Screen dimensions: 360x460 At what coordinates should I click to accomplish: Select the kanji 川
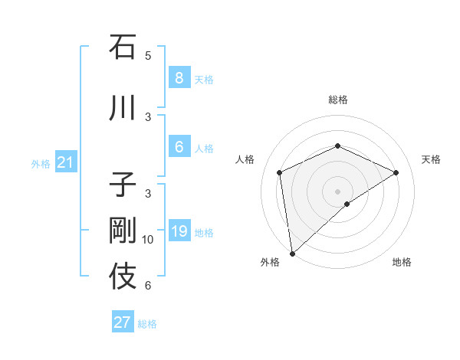[x=123, y=108]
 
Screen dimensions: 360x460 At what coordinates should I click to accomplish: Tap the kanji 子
[x=123, y=185]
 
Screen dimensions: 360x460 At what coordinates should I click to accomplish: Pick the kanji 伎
[x=123, y=277]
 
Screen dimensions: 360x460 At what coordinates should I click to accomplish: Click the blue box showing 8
[x=179, y=77]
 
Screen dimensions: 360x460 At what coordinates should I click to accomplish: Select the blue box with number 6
[x=179, y=147]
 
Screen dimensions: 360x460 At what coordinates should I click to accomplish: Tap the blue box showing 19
[x=179, y=231]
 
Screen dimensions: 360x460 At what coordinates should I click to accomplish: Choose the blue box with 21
[x=65, y=162]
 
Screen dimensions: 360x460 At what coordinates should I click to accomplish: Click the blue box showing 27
[x=123, y=322]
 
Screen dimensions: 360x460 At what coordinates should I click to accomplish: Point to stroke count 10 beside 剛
[x=148, y=240]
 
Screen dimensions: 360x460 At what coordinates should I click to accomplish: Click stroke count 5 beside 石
[x=148, y=55]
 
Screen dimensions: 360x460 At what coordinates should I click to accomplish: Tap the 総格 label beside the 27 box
[x=147, y=324]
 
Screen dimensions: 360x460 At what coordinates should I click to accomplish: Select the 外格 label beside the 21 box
[x=41, y=163]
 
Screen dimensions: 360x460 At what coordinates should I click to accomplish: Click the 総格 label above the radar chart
[x=337, y=100]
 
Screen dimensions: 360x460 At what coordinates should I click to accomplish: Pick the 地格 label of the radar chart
[x=402, y=262]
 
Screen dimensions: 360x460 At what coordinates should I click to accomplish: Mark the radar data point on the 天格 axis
[x=396, y=172]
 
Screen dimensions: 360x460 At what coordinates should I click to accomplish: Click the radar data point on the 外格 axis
[x=291, y=253]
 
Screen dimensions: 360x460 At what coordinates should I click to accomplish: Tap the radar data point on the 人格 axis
[x=280, y=172]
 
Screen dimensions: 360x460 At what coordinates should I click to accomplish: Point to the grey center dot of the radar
[x=337, y=191]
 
